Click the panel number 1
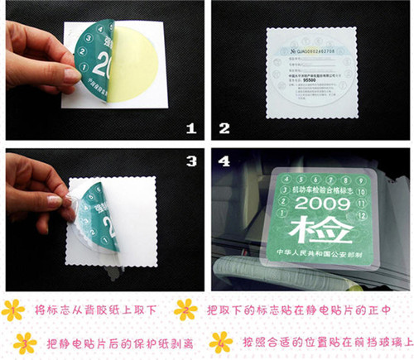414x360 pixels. pos(190,128)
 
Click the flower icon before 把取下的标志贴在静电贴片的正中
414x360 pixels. pos(185,310)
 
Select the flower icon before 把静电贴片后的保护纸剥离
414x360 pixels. pos(25,342)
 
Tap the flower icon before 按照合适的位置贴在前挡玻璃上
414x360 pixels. pos(220,342)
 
